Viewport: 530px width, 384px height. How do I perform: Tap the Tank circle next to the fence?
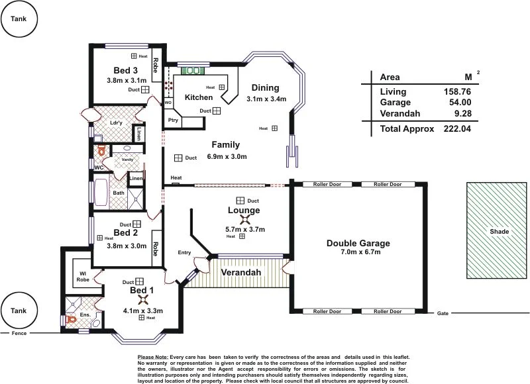pos(19,311)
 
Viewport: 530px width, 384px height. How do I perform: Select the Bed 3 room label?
pos(126,71)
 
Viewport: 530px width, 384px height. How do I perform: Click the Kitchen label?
pos(198,97)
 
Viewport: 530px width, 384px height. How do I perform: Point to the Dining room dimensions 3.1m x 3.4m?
pos(266,99)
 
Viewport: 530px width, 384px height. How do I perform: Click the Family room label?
pos(225,145)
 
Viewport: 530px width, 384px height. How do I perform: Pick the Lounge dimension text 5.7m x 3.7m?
pos(245,230)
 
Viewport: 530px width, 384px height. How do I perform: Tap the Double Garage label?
pos(358,243)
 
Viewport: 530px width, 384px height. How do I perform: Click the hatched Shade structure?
pos(499,231)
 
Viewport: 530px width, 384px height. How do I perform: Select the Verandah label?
pos(240,273)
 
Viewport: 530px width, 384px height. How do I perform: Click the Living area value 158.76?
pos(457,92)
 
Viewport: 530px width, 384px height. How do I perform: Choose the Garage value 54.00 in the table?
pos(460,103)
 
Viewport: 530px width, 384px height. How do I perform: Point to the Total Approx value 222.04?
pos(457,128)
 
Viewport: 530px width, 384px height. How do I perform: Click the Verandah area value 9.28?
pos(462,113)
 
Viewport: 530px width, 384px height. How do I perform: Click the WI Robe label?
pos(83,275)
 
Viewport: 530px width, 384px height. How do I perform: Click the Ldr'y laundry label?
pos(116,123)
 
